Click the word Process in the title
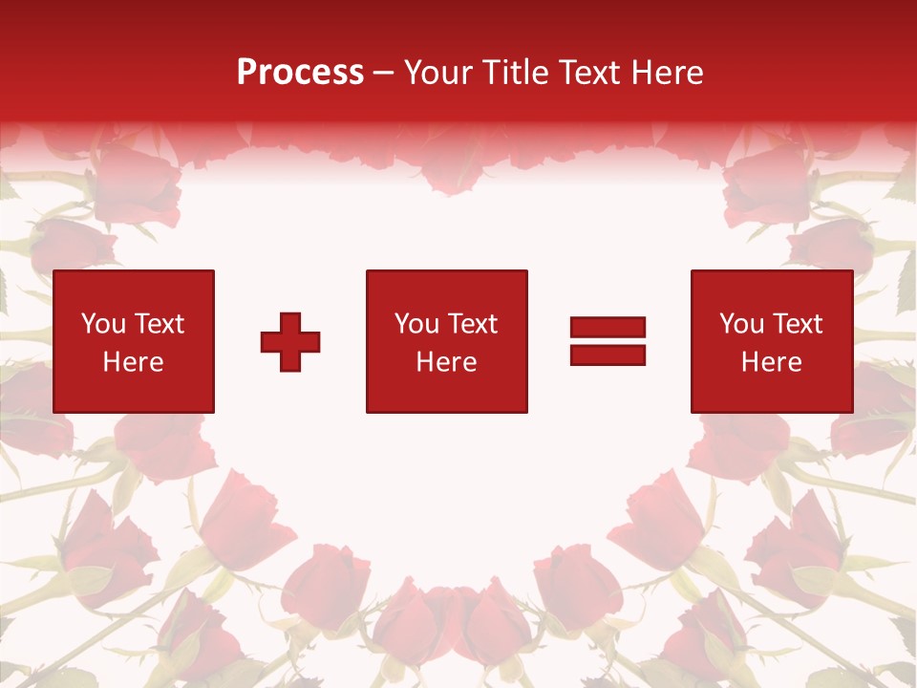(300, 73)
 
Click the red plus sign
(290, 342)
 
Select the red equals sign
(608, 341)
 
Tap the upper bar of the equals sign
(608, 328)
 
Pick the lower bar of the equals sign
(608, 355)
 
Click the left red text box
(134, 341)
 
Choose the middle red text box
(446, 341)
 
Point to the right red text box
(771, 341)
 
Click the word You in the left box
(103, 324)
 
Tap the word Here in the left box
(133, 362)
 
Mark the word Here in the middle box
(446, 362)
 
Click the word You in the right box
(741, 324)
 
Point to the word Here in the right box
(771, 362)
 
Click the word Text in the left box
(159, 324)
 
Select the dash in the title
(383, 73)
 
